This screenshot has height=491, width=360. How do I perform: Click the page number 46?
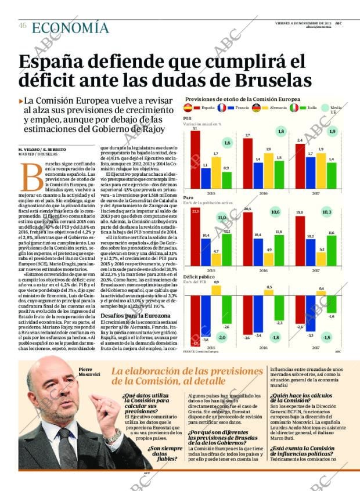pyautogui.click(x=22, y=26)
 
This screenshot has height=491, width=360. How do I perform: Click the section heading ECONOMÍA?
pyautogui.click(x=70, y=27)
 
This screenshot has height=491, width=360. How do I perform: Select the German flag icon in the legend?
pyautogui.click(x=256, y=107)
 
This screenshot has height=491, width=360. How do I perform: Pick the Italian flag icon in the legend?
pyautogui.click(x=294, y=107)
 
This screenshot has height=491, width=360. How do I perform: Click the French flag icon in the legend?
pyautogui.click(x=222, y=107)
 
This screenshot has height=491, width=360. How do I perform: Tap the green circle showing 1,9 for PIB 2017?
pyautogui.click(x=332, y=132)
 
